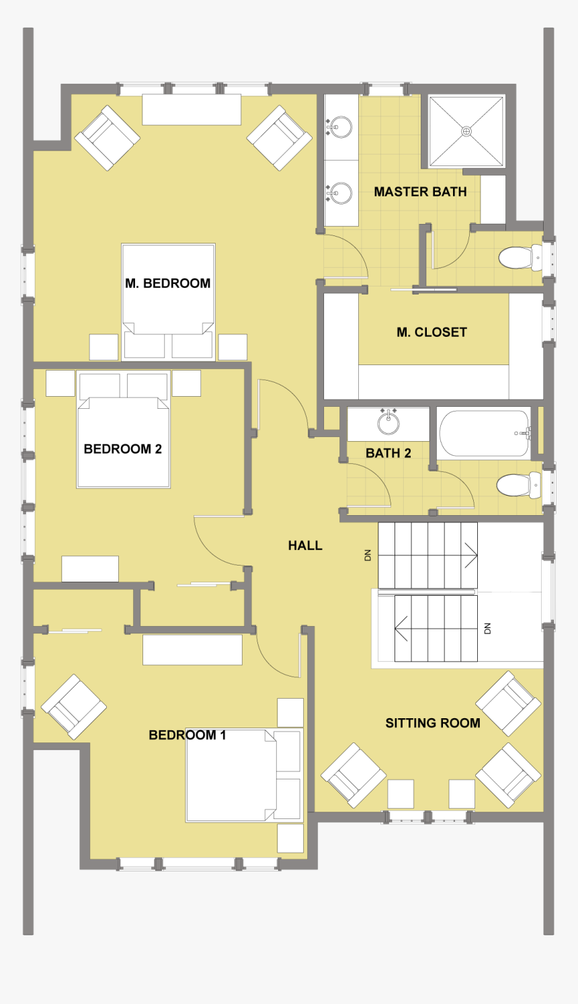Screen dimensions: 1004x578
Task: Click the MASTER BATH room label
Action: pyautogui.click(x=420, y=192)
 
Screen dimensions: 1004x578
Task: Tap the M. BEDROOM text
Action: pyautogui.click(x=167, y=283)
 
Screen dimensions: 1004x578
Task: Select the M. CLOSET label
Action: pyautogui.click(x=431, y=332)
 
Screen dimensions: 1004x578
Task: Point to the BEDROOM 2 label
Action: pyautogui.click(x=122, y=449)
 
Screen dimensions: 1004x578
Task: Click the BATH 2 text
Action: pyautogui.click(x=388, y=453)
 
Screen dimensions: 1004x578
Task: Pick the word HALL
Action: pyautogui.click(x=305, y=545)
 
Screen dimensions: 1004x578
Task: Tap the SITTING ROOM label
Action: pyautogui.click(x=432, y=723)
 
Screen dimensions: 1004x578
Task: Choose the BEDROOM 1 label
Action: pyautogui.click(x=187, y=735)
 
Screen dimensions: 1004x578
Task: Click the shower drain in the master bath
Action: pyautogui.click(x=466, y=132)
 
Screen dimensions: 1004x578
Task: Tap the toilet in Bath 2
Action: pyautogui.click(x=518, y=484)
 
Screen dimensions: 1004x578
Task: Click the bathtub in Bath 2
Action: pyautogui.click(x=485, y=434)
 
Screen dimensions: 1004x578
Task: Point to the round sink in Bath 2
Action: pyautogui.click(x=388, y=423)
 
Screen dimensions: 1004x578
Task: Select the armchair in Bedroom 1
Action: pyautogui.click(x=74, y=706)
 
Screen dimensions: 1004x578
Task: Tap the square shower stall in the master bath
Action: pyautogui.click(x=466, y=132)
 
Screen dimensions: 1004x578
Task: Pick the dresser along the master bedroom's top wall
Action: pyautogui.click(x=192, y=110)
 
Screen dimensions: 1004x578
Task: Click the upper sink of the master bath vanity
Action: pyautogui.click(x=341, y=126)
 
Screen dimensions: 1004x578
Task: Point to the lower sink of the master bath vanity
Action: pyautogui.click(x=341, y=194)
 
